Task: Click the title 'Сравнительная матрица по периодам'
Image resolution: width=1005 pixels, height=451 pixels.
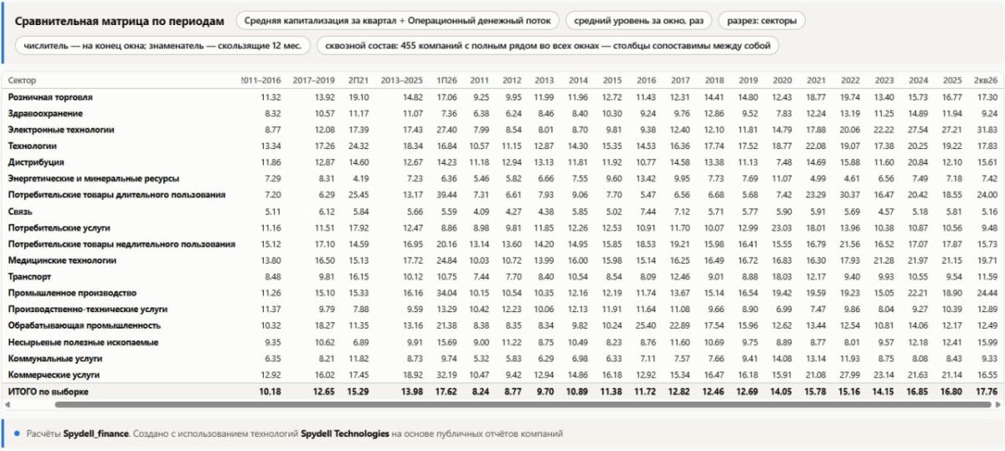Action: tap(119, 21)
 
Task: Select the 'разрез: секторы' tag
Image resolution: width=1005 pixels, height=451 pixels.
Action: tap(761, 21)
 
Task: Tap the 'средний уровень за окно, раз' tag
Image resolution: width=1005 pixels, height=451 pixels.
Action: tap(638, 21)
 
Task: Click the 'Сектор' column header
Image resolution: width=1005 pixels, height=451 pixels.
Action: tap(22, 80)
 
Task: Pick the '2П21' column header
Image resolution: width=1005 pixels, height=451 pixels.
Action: tap(358, 80)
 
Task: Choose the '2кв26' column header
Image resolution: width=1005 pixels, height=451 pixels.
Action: tap(985, 80)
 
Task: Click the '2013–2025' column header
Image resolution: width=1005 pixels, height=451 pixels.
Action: tap(401, 80)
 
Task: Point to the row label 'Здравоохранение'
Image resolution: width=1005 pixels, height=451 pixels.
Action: tap(45, 114)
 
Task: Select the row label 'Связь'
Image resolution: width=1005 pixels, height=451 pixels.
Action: tap(20, 211)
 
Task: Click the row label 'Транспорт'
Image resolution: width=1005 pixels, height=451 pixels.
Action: tap(29, 277)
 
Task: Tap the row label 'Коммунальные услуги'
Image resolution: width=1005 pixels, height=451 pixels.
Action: tap(54, 358)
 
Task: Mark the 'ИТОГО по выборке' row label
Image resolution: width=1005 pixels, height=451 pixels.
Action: tap(48, 392)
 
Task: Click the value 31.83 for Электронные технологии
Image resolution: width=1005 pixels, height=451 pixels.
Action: tap(987, 130)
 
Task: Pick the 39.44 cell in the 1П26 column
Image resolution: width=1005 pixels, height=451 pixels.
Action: tap(446, 195)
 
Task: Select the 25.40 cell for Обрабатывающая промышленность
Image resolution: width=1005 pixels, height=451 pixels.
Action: tap(646, 325)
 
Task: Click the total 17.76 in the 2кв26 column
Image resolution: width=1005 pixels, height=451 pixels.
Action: tap(987, 392)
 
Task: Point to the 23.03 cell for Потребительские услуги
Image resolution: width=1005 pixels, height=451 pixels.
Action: tap(781, 228)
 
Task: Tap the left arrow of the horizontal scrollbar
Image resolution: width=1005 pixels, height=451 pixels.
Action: tap(8, 404)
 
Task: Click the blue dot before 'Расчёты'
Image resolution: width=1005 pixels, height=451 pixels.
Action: tap(17, 433)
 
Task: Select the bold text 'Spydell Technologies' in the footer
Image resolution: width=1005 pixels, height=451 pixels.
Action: tap(344, 433)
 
